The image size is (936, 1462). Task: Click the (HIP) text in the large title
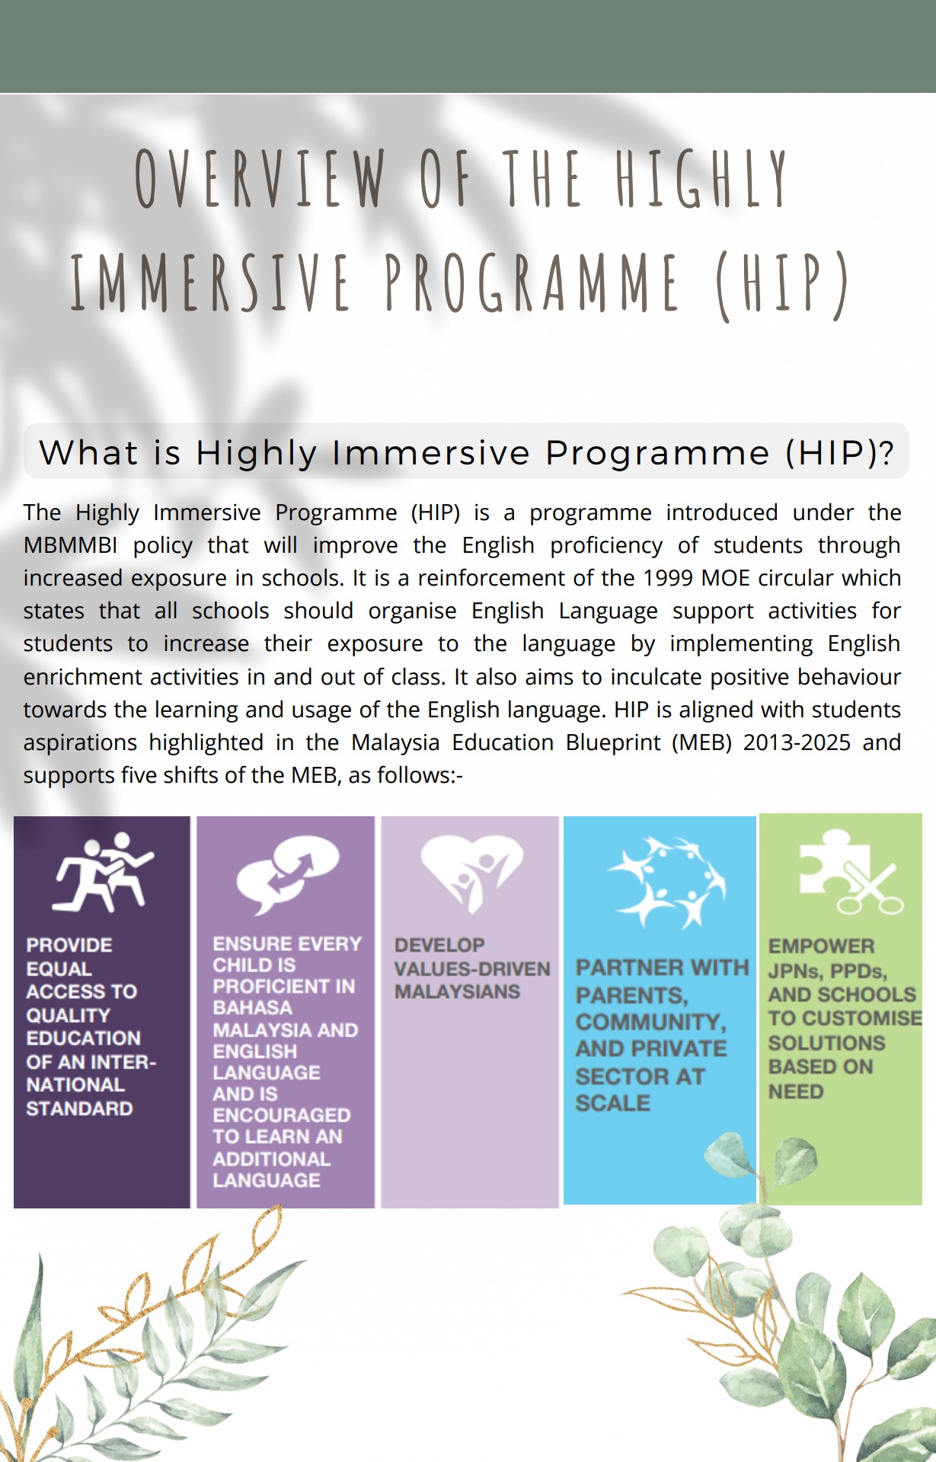click(781, 284)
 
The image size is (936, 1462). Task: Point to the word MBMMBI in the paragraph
click(71, 545)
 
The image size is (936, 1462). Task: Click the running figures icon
click(103, 873)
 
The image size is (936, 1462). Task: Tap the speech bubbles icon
click(287, 875)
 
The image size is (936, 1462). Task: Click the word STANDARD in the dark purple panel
click(80, 1109)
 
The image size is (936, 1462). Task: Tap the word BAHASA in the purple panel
click(253, 1007)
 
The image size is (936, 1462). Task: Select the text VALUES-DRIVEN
click(472, 969)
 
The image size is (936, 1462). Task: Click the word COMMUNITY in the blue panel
click(650, 1023)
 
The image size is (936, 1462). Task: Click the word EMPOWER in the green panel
click(821, 946)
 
